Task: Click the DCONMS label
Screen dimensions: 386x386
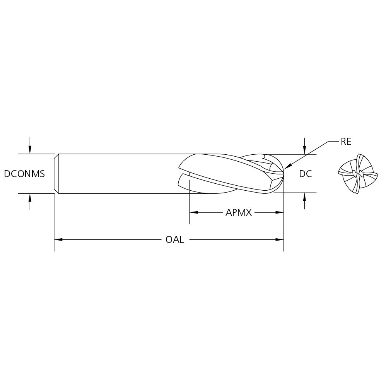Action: [24, 174]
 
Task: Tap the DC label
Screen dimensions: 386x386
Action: [305, 174]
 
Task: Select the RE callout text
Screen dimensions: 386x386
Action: [346, 142]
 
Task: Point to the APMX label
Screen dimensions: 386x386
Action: [239, 212]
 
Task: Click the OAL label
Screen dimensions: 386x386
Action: [174, 239]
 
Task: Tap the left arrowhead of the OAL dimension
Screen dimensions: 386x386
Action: [58, 239]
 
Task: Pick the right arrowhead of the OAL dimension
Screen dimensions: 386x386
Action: [280, 239]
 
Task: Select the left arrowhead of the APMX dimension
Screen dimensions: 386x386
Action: [194, 212]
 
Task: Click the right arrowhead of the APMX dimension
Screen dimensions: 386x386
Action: [280, 212]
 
